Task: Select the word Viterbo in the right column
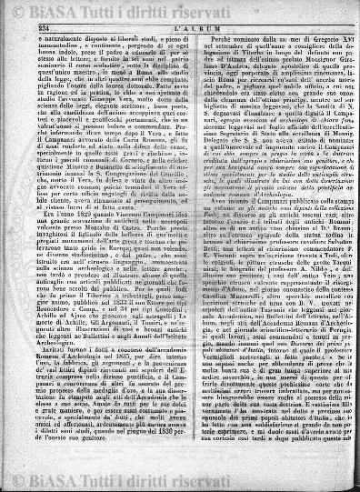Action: pyautogui.click(x=230, y=53)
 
